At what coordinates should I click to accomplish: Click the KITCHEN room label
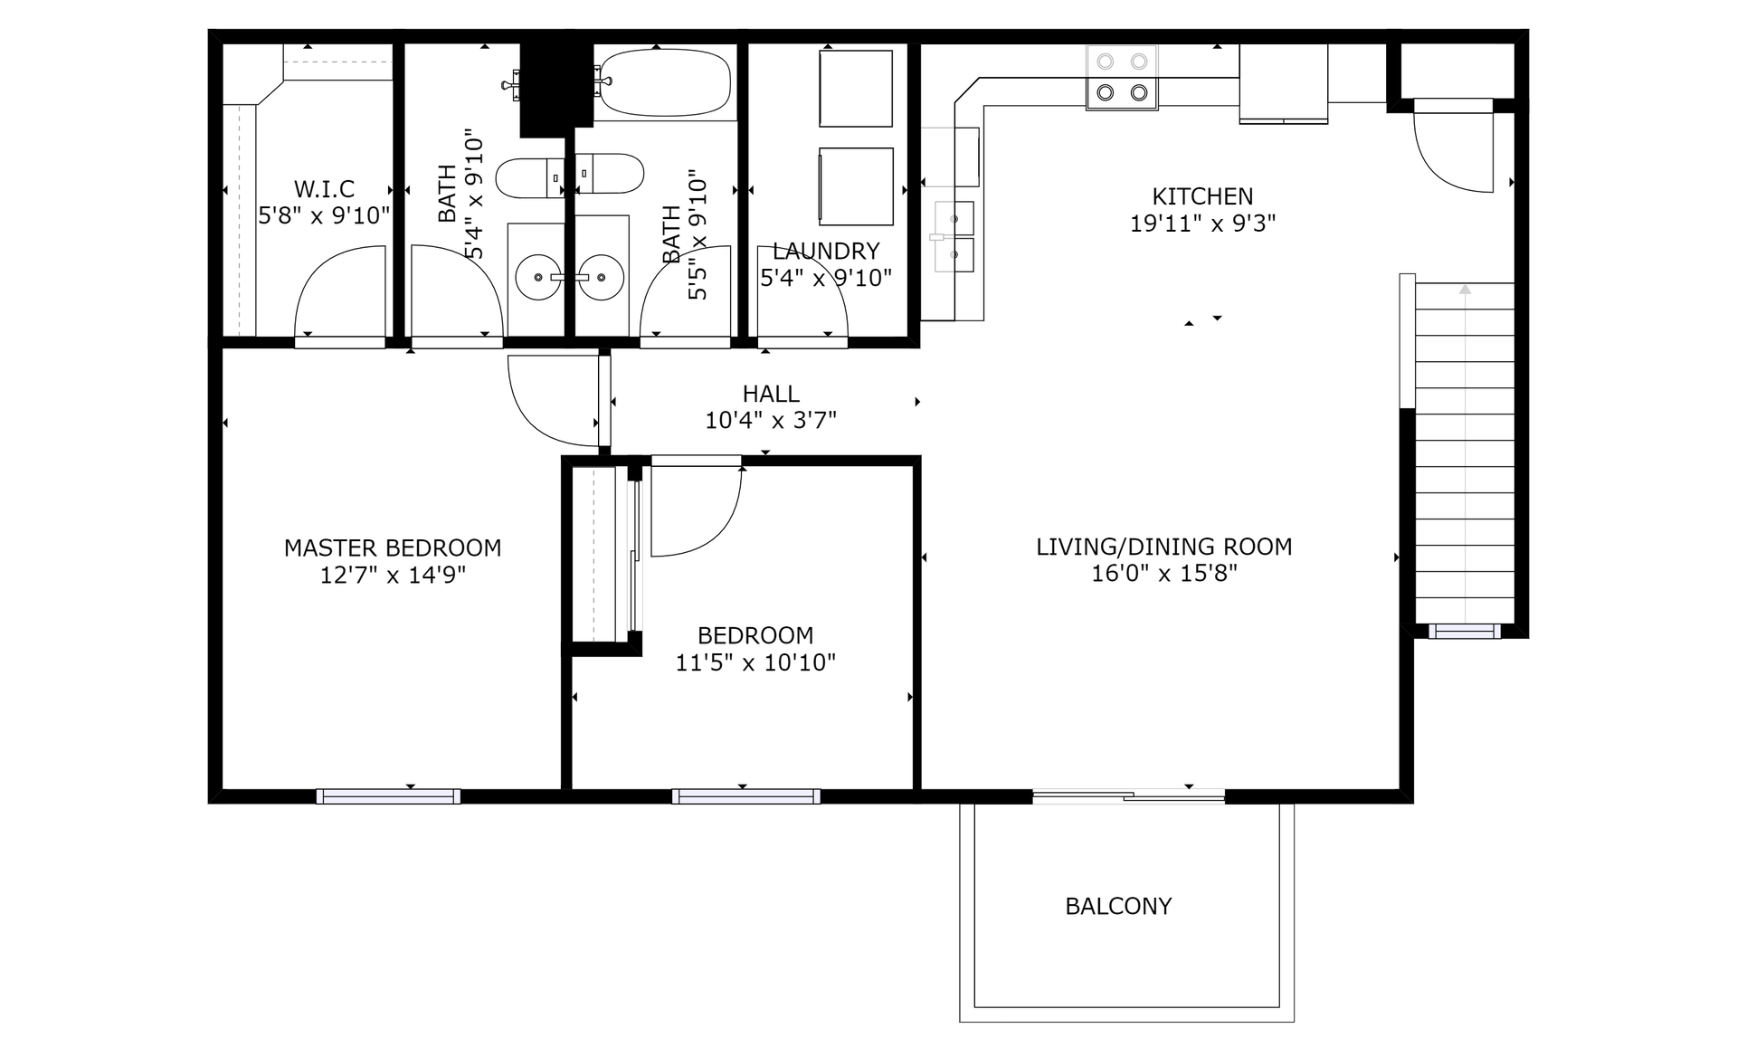(1202, 196)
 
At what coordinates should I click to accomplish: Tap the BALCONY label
(1118, 906)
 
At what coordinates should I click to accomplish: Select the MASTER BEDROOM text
(393, 548)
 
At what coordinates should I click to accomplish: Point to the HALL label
(771, 394)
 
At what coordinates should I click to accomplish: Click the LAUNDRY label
(826, 251)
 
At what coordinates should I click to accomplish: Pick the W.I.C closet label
(324, 189)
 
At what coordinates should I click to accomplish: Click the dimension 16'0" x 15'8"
(1164, 573)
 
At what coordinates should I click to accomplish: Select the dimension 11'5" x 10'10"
(755, 662)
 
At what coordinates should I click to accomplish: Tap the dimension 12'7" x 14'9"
(393, 575)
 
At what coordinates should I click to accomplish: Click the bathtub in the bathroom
(665, 82)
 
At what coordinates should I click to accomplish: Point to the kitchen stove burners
(1122, 77)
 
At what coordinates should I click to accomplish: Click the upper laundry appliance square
(856, 88)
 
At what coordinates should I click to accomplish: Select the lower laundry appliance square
(856, 186)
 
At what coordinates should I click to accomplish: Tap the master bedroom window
(389, 796)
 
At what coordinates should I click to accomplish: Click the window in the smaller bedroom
(746, 796)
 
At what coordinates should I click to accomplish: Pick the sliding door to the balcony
(1129, 796)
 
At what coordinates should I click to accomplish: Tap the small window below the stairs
(1465, 631)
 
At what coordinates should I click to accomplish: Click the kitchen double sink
(954, 236)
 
